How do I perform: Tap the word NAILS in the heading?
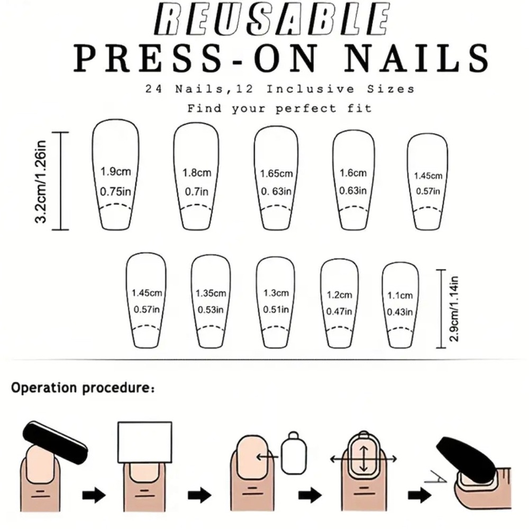point(417,58)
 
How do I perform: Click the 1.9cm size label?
point(116,171)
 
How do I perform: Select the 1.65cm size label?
point(276,174)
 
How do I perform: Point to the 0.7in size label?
point(197,191)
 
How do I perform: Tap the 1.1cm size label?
point(400,296)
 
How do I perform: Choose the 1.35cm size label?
point(211,293)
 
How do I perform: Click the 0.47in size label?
point(339,311)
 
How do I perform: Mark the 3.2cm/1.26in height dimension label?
point(41,181)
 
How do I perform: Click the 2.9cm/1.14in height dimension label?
point(454,309)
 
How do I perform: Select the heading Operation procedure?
point(83,388)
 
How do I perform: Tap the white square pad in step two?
point(145,442)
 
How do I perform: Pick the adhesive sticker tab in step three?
point(294,452)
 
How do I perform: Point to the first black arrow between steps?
point(94,495)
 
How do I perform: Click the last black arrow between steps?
point(419,495)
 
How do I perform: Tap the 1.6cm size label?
point(353,173)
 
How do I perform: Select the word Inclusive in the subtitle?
point(311,89)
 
